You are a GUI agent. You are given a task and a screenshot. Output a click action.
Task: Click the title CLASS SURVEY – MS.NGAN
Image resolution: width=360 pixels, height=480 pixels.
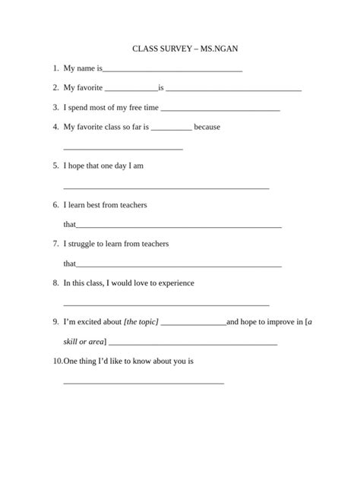tap(180, 49)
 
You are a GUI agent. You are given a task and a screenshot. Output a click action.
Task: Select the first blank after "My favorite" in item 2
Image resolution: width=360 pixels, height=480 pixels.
tap(131, 90)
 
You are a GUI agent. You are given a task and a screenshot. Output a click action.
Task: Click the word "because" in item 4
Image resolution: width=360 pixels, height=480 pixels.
tap(207, 127)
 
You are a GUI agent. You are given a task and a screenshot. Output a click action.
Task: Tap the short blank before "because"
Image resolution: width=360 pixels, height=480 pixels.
tap(172, 129)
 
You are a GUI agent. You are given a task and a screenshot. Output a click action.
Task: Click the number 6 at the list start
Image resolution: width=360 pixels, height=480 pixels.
tap(55, 205)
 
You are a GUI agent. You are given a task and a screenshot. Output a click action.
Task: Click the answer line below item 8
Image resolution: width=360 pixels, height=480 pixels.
tap(166, 305)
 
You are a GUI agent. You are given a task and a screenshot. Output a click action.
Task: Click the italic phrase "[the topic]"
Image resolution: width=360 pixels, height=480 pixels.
tap(141, 322)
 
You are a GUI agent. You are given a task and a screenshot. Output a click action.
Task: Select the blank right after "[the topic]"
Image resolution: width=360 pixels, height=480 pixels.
tap(194, 324)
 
